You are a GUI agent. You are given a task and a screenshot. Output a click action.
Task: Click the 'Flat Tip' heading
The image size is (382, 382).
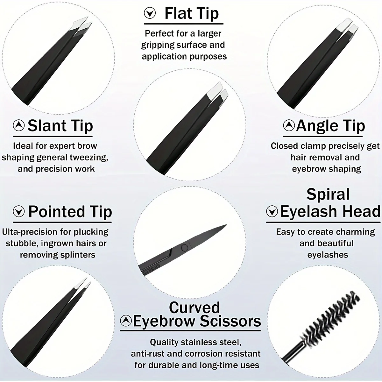(x=192, y=14)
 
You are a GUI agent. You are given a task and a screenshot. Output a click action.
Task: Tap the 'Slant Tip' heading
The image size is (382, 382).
(x=60, y=126)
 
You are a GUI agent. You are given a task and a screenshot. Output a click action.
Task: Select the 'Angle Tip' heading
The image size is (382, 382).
(x=330, y=126)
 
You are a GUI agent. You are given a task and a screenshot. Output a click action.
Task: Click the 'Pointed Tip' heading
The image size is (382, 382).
(x=70, y=212)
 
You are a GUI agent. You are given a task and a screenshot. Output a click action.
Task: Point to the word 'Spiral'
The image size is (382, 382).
(x=328, y=195)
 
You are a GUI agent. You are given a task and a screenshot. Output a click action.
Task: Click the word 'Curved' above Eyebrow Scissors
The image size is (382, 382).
(x=194, y=308)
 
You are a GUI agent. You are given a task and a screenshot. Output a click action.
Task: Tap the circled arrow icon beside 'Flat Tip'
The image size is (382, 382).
(x=150, y=13)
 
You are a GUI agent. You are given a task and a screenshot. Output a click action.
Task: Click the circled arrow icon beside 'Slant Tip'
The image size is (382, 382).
(x=19, y=125)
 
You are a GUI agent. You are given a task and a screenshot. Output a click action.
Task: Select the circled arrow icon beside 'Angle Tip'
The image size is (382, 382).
(x=289, y=125)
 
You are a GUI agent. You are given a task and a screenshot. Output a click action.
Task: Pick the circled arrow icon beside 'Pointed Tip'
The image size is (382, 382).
(x=19, y=211)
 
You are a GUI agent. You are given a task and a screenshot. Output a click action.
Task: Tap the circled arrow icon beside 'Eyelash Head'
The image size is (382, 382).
(x=272, y=211)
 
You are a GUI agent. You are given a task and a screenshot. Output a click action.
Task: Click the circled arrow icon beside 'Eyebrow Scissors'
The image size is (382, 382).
(x=126, y=320)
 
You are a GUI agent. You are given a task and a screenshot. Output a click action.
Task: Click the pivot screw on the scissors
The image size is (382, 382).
(x=184, y=247)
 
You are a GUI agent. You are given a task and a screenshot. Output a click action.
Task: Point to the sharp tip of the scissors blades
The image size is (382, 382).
(x=225, y=226)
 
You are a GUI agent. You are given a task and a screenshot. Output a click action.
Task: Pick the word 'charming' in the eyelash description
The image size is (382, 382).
(x=356, y=232)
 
